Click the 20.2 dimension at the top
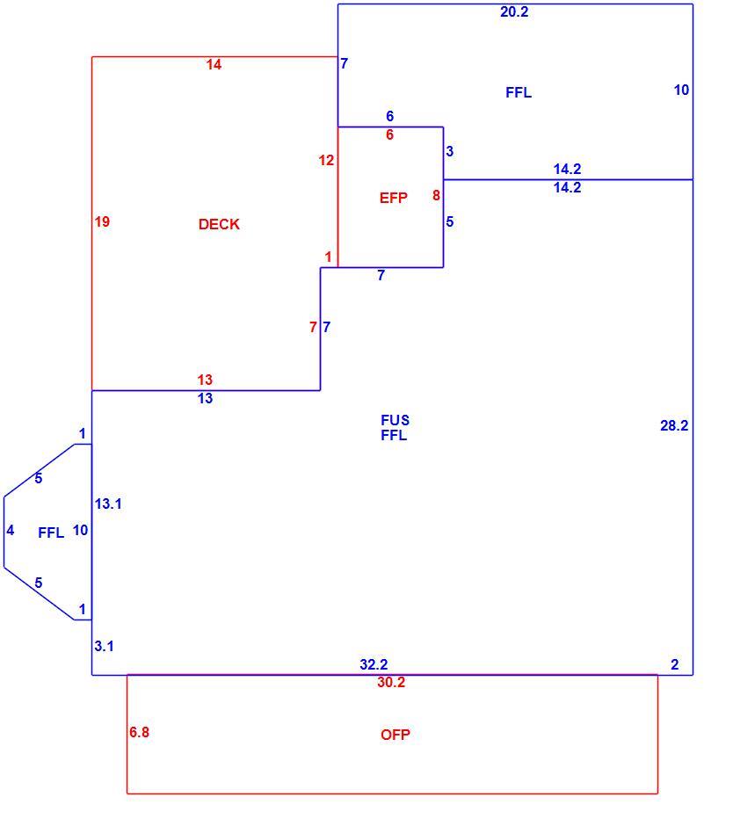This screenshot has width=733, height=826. pyautogui.click(x=514, y=12)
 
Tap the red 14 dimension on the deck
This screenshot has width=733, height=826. pyautogui.click(x=214, y=65)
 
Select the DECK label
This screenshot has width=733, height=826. pyautogui.click(x=219, y=224)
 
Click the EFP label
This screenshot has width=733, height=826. pyautogui.click(x=393, y=198)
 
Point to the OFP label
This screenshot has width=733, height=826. pyautogui.click(x=396, y=735)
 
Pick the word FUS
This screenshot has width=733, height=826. pyautogui.click(x=395, y=420)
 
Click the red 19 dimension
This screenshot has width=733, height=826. pyautogui.click(x=102, y=221)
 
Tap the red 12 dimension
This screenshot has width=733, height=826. pyautogui.click(x=326, y=160)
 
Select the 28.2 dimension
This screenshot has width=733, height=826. pyautogui.click(x=674, y=425)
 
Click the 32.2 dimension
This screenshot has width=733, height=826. pyautogui.click(x=374, y=664)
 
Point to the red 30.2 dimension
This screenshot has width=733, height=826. pyautogui.click(x=391, y=683)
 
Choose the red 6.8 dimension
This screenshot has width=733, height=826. pyautogui.click(x=139, y=732)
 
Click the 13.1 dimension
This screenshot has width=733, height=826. pyautogui.click(x=108, y=504)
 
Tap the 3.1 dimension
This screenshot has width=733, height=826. pyautogui.click(x=104, y=647)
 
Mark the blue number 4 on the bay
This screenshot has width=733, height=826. pyautogui.click(x=10, y=531)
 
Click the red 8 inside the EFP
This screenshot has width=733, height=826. pyautogui.click(x=436, y=195)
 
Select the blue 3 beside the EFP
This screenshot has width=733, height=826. pyautogui.click(x=449, y=152)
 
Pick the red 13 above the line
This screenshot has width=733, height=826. pyautogui.click(x=205, y=380)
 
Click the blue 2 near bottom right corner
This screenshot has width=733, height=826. pyautogui.click(x=674, y=665)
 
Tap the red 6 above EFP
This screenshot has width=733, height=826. pyautogui.click(x=389, y=134)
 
